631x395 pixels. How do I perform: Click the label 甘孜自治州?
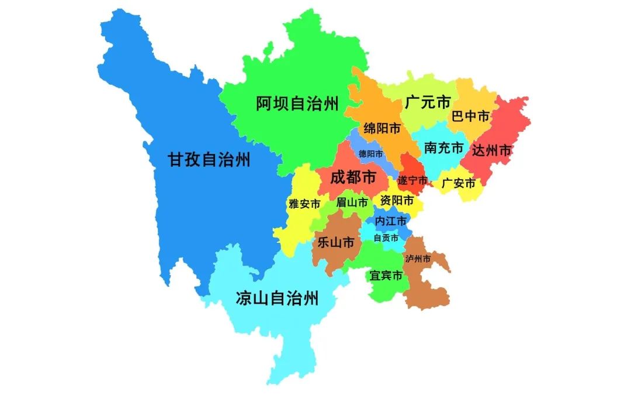pyautogui.click(x=209, y=160)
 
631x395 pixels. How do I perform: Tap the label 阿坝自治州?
pyautogui.click(x=297, y=104)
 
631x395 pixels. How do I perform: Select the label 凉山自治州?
pyautogui.click(x=277, y=298)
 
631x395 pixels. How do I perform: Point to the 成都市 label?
pyautogui.click(x=353, y=177)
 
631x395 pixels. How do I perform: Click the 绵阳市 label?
pyautogui.click(x=382, y=128)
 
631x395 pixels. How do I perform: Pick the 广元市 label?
pyautogui.click(x=428, y=103)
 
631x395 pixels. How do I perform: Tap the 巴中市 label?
pyautogui.click(x=470, y=116)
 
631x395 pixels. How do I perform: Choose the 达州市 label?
pyautogui.click(x=491, y=150)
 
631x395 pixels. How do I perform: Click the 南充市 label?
pyautogui.click(x=444, y=147)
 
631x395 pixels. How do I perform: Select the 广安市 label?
pyautogui.click(x=459, y=183)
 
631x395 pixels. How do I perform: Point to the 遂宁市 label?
pyautogui.click(x=412, y=180)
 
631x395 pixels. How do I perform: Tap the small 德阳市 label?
pyautogui.click(x=371, y=154)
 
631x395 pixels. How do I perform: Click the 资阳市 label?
pyautogui.click(x=397, y=201)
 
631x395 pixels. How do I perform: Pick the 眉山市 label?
pyautogui.click(x=352, y=202)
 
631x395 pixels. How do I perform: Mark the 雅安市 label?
pyautogui.click(x=304, y=204)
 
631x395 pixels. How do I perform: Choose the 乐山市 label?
pyautogui.click(x=335, y=242)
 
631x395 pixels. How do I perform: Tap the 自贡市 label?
pyautogui.click(x=386, y=238)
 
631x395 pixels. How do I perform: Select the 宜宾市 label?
pyautogui.click(x=386, y=275)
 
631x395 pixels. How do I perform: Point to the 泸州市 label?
pyautogui.click(x=418, y=259)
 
